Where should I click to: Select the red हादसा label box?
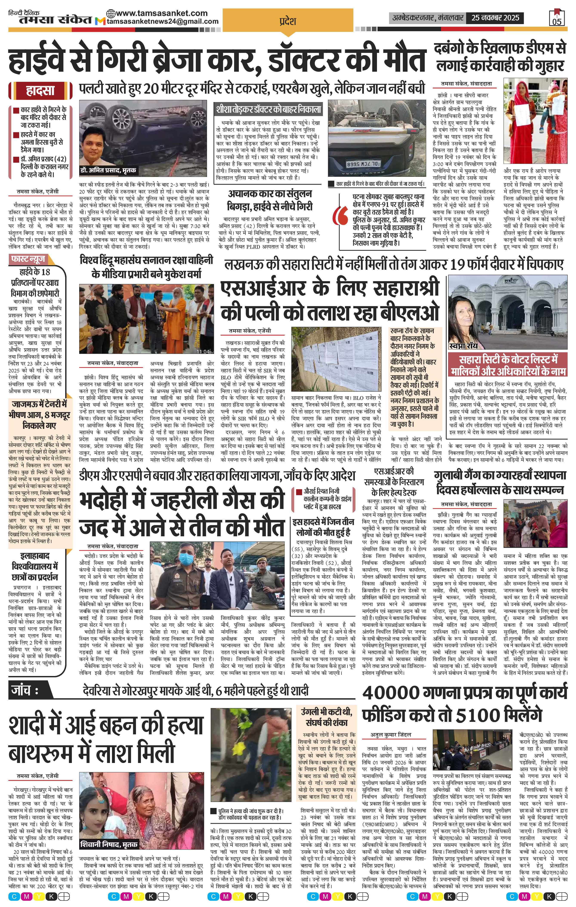pos(40,91)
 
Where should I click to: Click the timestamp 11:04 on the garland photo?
pos(202,351)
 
